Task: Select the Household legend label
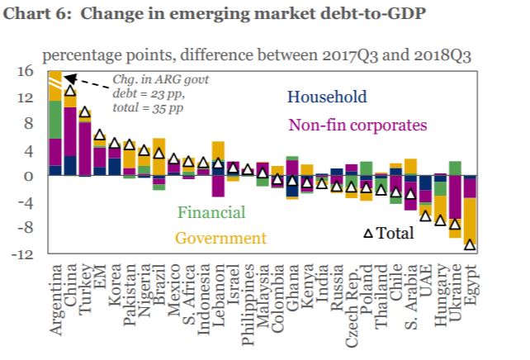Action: tap(327, 97)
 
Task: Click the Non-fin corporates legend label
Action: tap(357, 126)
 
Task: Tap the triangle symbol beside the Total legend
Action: tap(369, 234)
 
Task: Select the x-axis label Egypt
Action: tap(471, 286)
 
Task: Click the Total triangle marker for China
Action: tap(70, 91)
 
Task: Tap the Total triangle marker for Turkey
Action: tap(85, 111)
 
